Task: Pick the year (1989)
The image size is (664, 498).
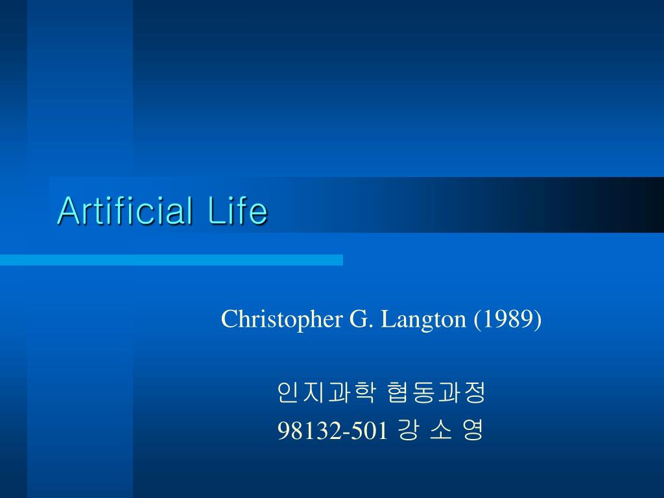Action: point(508,319)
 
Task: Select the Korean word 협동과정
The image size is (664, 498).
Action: point(435,393)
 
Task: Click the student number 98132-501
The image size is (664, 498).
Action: point(332,430)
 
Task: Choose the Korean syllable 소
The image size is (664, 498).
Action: point(440,430)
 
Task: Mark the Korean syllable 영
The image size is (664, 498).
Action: point(473,430)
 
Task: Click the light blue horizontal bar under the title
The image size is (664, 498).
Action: point(171,260)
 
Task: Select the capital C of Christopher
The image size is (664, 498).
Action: point(228,319)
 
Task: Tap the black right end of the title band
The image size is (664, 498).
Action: point(648,204)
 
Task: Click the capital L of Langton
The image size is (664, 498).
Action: point(387,319)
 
